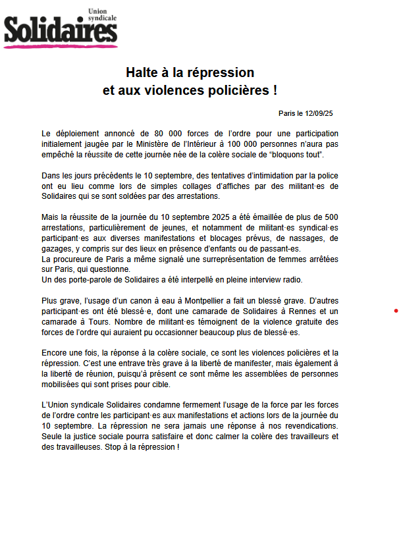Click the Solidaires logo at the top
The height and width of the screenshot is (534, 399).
(61, 30)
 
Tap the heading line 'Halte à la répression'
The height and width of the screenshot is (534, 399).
(190, 72)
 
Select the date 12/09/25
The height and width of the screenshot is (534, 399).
(319, 114)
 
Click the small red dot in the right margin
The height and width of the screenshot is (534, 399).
(396, 310)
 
